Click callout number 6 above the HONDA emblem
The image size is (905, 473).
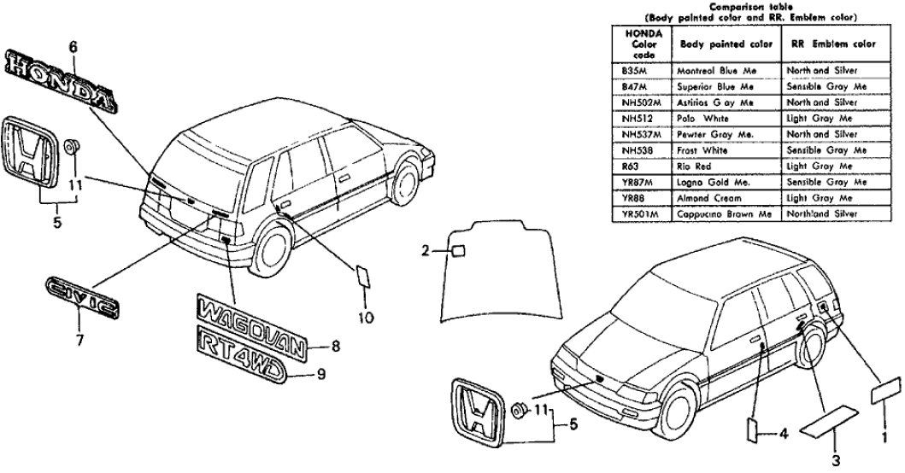(x=73, y=48)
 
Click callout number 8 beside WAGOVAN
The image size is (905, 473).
(x=335, y=347)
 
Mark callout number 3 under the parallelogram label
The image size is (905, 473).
(x=833, y=458)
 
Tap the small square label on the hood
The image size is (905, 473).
(x=459, y=250)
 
